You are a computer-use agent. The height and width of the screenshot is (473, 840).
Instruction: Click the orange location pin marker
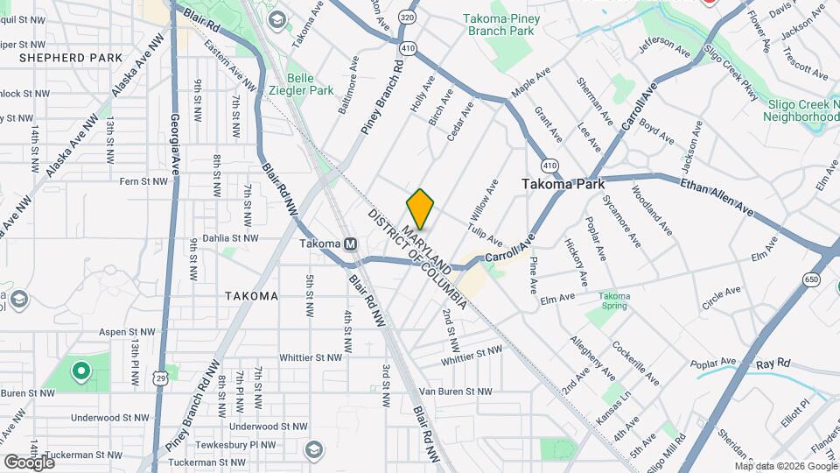coord(421,209)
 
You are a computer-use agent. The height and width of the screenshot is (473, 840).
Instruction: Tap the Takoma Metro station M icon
coord(350,244)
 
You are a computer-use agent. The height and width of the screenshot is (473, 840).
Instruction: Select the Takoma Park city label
coord(559,185)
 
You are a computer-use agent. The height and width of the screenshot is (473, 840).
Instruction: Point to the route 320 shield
coord(407,17)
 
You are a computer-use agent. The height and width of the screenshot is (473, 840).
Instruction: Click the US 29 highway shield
coord(160,377)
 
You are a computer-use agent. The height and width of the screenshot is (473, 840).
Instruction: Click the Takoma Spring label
coord(614,302)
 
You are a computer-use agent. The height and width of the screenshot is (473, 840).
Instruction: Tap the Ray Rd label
coord(773,363)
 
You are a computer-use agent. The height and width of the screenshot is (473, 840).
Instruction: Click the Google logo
coord(29,462)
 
